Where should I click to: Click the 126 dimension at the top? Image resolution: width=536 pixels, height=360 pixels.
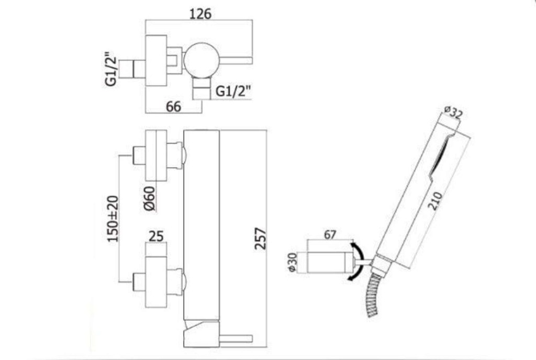(x=200, y=14)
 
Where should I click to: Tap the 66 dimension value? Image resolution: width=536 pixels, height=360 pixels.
(x=173, y=107)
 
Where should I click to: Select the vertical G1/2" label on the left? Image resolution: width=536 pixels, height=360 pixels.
(x=111, y=69)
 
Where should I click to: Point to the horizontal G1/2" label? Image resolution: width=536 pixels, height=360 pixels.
(x=233, y=91)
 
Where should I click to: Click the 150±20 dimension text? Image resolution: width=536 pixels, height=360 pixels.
(x=113, y=219)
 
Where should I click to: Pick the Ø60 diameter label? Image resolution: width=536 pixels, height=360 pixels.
(x=150, y=199)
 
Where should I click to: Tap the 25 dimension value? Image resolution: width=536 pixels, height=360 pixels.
(x=156, y=236)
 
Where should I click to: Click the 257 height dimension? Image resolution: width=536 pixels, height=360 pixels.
(x=261, y=239)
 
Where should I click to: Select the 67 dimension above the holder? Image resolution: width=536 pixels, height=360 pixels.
(x=330, y=234)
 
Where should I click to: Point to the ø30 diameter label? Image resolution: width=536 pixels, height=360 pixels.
(x=293, y=262)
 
